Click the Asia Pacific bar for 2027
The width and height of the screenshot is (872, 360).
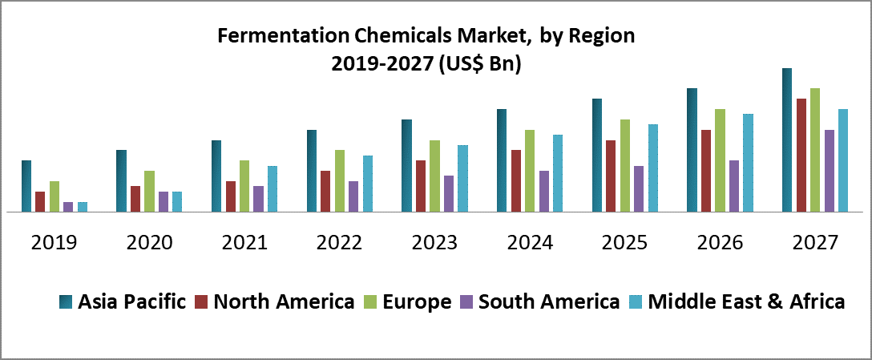tap(787, 140)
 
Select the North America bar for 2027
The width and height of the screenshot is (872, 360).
tap(801, 156)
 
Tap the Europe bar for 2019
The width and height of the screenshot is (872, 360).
tap(54, 196)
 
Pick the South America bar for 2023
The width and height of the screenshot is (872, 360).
tap(449, 194)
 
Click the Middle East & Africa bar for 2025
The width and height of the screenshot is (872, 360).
tap(653, 168)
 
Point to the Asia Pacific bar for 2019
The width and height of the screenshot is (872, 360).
tap(26, 186)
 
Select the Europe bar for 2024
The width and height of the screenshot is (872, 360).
tap(530, 171)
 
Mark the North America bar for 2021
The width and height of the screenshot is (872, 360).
tap(231, 196)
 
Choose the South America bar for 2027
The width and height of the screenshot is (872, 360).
tap(830, 171)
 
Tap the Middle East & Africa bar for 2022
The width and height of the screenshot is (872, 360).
tap(368, 184)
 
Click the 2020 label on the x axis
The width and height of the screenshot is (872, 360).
tap(150, 242)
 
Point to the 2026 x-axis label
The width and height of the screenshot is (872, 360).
tap(721, 242)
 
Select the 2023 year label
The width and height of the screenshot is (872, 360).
tap(435, 242)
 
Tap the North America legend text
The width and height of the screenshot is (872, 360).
tap(285, 302)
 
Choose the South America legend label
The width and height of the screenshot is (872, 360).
tap(549, 302)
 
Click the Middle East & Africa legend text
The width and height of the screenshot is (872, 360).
tap(746, 302)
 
